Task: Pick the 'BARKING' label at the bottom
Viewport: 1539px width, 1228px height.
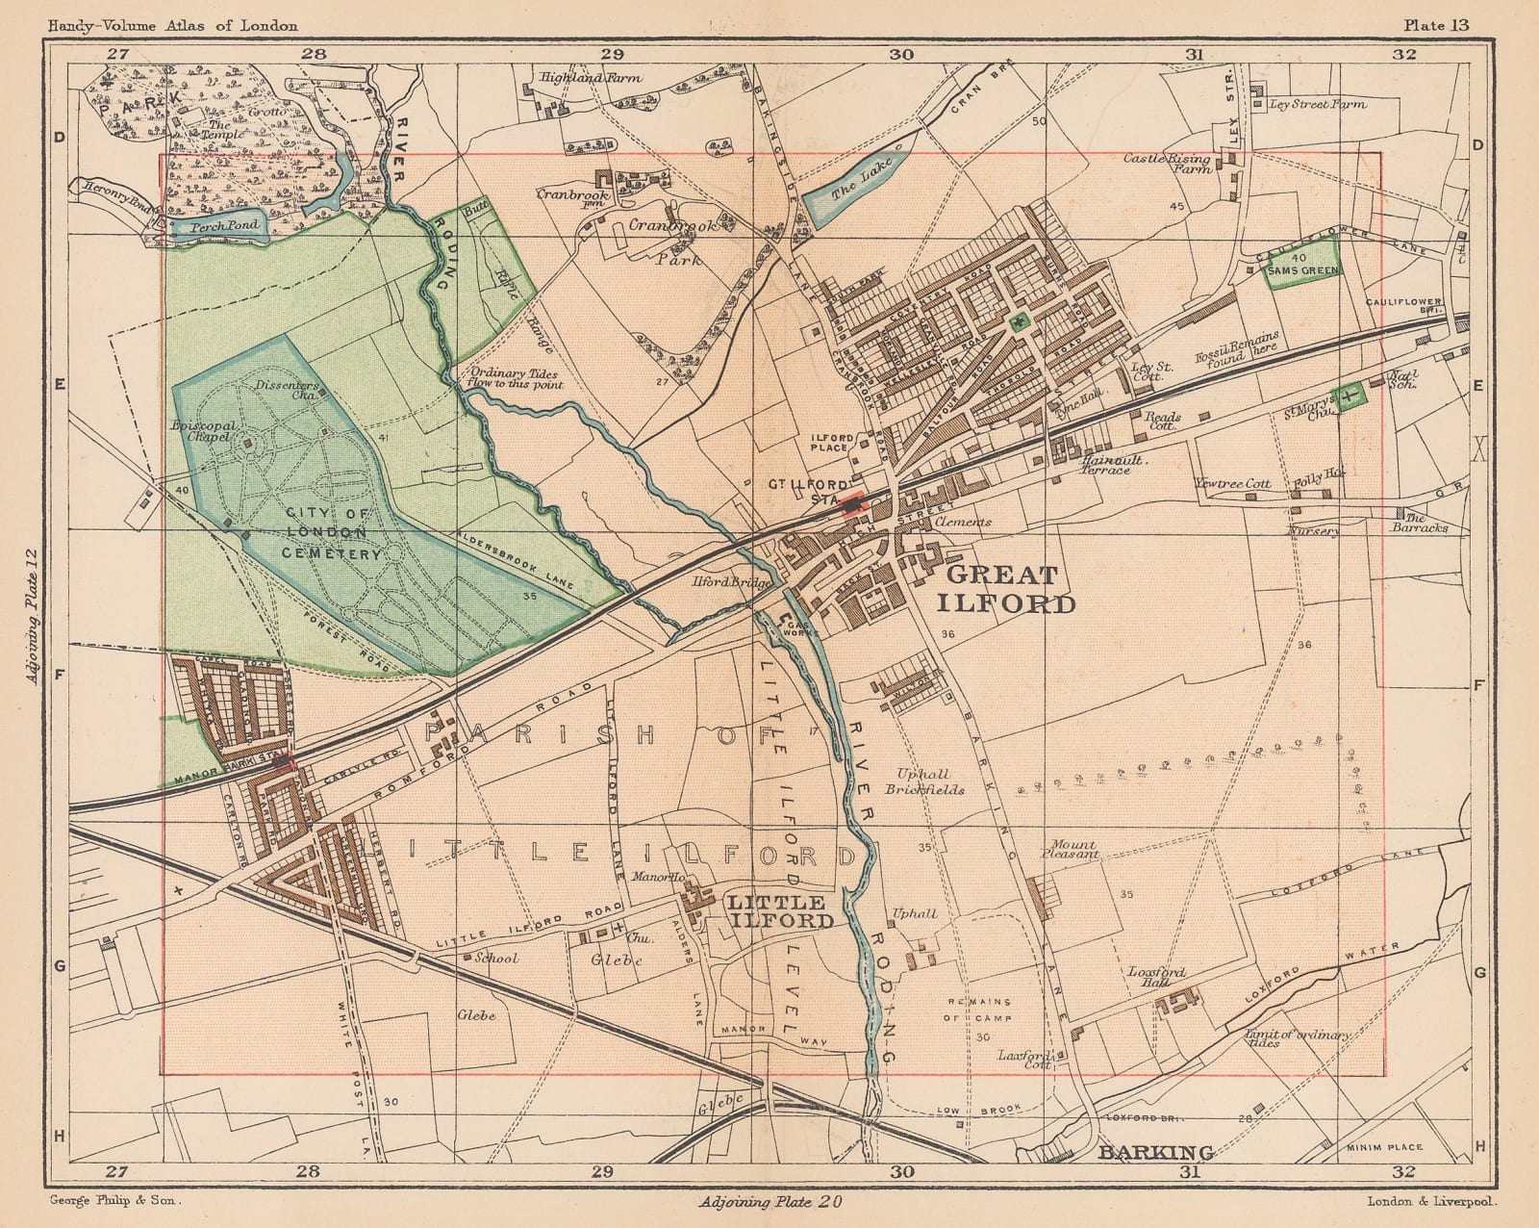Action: click(x=1144, y=1152)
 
